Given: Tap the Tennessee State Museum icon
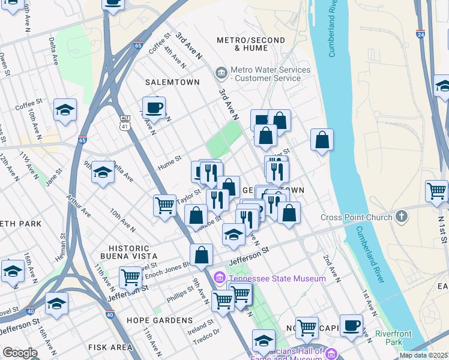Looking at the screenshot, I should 220,278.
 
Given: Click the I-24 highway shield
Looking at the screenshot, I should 420,35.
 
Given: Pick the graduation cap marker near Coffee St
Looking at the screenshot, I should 65,110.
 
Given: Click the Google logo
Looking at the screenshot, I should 20,353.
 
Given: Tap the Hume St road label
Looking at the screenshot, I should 169,160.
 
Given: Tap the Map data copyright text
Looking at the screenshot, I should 423,355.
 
